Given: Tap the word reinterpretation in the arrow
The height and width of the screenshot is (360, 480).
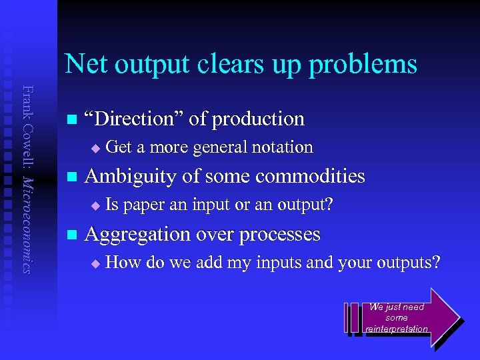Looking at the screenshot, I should (x=397, y=329).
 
